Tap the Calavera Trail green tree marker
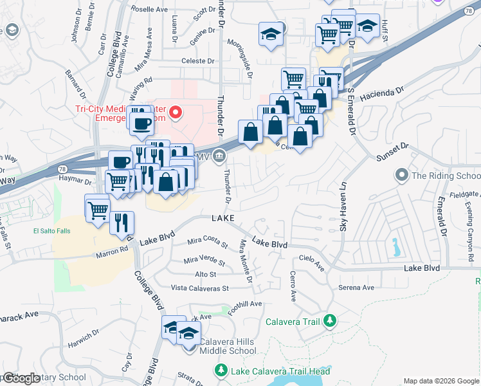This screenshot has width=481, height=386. click(x=330, y=320)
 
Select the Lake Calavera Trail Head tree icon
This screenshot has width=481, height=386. click(x=220, y=371)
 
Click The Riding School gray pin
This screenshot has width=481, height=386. click(x=403, y=175)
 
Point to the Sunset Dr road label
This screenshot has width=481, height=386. click(x=391, y=151)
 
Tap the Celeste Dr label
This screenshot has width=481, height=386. click(x=197, y=61)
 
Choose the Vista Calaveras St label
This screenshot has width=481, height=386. click(x=200, y=288)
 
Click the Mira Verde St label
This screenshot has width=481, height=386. click(x=204, y=261)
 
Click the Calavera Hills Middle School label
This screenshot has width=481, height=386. click(x=228, y=346)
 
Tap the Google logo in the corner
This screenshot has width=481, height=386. click(x=21, y=379)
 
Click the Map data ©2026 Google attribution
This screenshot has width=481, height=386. click(x=440, y=380)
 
